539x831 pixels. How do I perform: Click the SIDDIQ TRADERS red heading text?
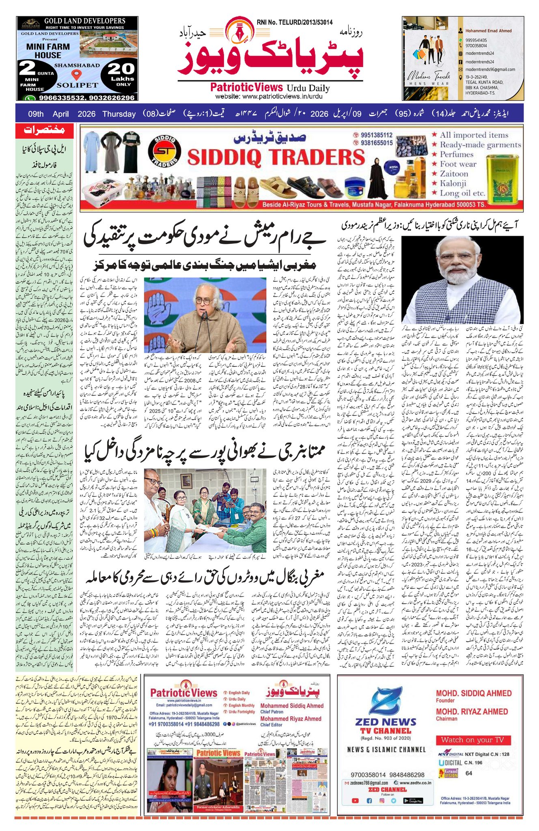click(x=276, y=157)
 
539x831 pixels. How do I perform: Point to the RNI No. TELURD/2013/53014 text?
click(x=294, y=22)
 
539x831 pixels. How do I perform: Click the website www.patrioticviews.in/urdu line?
click(x=269, y=97)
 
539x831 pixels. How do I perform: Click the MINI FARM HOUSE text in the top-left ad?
click(x=48, y=51)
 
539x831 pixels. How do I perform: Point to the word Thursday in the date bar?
click(x=119, y=114)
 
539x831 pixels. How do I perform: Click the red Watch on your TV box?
click(x=472, y=739)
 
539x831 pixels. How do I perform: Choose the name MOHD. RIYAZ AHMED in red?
click(x=472, y=712)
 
